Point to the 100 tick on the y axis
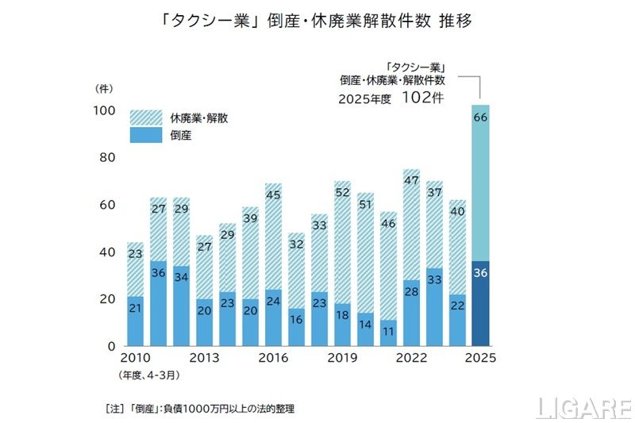[x=105, y=110]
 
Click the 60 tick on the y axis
[x=108, y=205]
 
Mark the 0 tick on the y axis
[x=112, y=346]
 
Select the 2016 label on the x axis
[x=273, y=358]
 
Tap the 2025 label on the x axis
[x=480, y=358]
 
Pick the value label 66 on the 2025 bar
[x=480, y=117]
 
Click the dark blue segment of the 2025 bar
[x=480, y=303]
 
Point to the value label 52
[x=342, y=193]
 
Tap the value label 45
[x=273, y=195]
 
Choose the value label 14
[x=365, y=326]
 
